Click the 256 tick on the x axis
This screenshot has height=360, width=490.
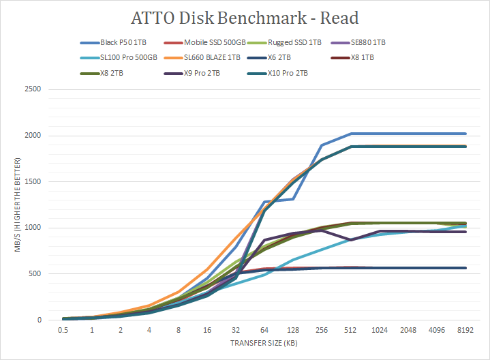322,330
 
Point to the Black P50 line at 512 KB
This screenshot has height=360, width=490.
350,134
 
